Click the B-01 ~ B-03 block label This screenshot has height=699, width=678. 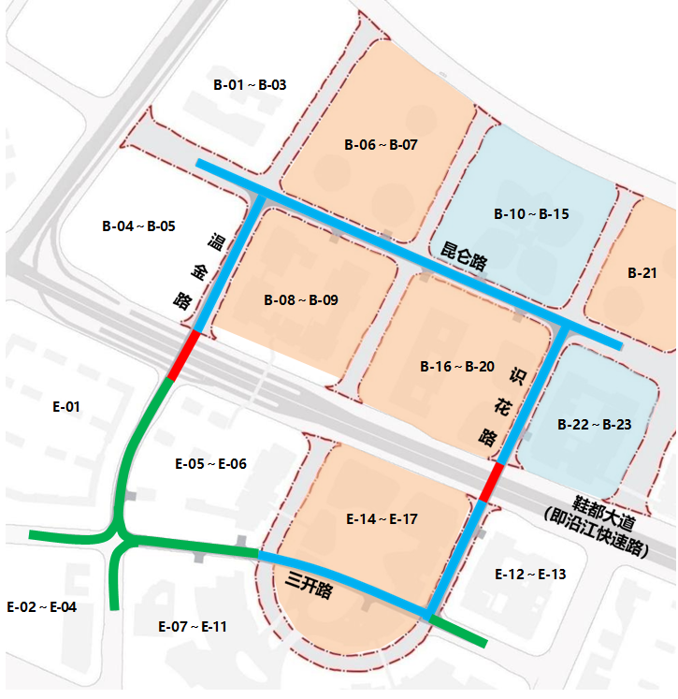(250, 85)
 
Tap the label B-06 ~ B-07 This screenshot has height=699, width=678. (381, 145)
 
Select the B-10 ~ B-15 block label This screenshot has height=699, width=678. (531, 214)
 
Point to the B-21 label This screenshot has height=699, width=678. (642, 273)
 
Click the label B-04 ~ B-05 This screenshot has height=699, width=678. (138, 226)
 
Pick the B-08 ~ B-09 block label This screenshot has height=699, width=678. (301, 300)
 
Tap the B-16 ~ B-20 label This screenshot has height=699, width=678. (457, 366)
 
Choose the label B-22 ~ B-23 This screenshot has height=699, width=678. (594, 425)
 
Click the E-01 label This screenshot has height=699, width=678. (66, 407)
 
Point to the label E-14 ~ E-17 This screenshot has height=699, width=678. (382, 518)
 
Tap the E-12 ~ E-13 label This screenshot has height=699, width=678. (531, 574)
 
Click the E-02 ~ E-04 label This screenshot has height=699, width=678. (42, 607)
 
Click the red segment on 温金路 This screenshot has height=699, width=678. (183, 355)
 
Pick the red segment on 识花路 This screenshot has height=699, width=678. (490, 481)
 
